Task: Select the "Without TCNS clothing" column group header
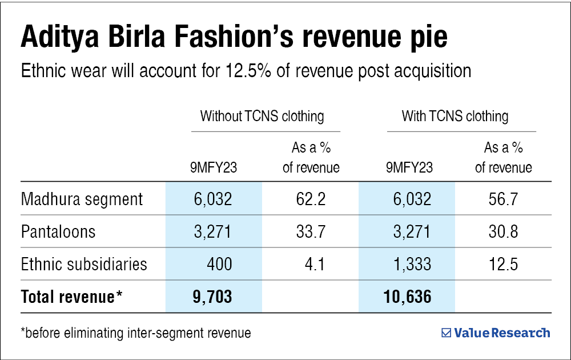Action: coord(262,117)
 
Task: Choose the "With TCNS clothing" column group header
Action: coord(455,117)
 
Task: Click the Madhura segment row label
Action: coord(82,199)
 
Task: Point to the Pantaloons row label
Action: coord(58,232)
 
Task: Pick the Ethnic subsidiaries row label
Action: coord(84,265)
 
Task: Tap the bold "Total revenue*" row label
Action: coord(72,297)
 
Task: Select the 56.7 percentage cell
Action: coord(504,199)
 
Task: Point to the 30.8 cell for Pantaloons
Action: coord(504,232)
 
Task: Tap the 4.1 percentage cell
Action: coord(315,265)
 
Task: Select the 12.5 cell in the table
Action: coord(504,265)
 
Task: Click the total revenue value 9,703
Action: coord(214,297)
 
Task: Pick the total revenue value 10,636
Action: coord(407,297)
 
